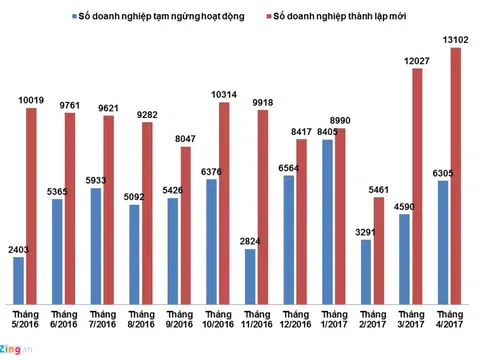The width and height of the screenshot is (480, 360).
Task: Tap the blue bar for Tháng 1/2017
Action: tap(328, 222)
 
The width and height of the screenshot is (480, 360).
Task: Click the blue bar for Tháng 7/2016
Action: tap(96, 246)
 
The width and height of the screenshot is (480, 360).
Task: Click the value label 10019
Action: tap(32, 99)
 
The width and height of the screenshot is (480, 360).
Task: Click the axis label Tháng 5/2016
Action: tap(25, 319)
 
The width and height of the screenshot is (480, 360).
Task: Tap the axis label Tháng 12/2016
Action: tap(292, 319)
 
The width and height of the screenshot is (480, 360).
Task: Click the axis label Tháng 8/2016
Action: tap(140, 319)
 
